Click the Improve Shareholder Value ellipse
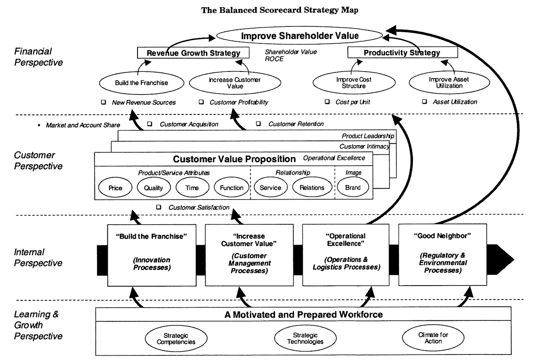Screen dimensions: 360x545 pyautogui.click(x=299, y=36)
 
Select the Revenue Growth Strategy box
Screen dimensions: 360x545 pyautogui.click(x=193, y=53)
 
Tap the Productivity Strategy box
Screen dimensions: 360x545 pyautogui.click(x=402, y=53)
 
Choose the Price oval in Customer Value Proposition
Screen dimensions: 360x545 pyautogui.click(x=115, y=188)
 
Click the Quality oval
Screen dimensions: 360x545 pyautogui.click(x=154, y=188)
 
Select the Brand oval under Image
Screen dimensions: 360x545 pyautogui.click(x=353, y=188)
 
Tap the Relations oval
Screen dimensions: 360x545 pyautogui.click(x=312, y=188)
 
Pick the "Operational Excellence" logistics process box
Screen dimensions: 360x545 pyautogui.click(x=345, y=254)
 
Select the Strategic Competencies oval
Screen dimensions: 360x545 pyautogui.click(x=176, y=338)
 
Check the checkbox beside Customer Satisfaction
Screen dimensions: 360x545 pyautogui.click(x=159, y=207)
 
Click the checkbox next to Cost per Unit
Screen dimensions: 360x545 pyautogui.click(x=327, y=102)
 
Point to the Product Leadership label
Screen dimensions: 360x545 pyautogui.click(x=368, y=136)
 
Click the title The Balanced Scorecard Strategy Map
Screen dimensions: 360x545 pyautogui.click(x=279, y=11)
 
